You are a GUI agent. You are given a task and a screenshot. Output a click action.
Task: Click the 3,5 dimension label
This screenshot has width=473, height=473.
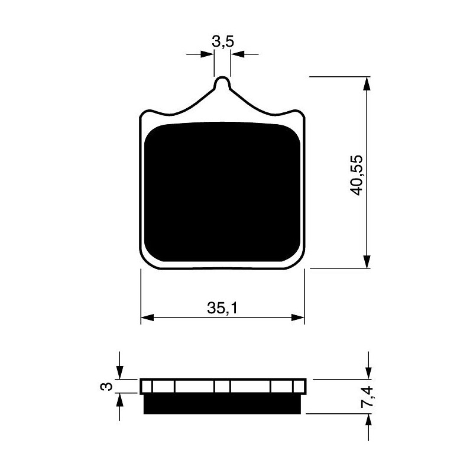tap(223, 41)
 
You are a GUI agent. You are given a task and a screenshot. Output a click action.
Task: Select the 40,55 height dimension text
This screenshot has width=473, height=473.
tap(356, 175)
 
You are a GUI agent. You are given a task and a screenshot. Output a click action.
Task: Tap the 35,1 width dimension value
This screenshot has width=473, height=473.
tap(222, 308)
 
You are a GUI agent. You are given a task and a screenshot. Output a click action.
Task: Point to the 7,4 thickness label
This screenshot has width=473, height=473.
tap(367, 397)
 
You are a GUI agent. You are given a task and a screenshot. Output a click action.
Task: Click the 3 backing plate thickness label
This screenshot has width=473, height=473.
tap(106, 386)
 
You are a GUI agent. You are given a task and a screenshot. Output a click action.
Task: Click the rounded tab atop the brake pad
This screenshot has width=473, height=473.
tap(222, 82)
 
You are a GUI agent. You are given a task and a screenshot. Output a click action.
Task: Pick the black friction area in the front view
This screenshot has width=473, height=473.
tap(222, 192)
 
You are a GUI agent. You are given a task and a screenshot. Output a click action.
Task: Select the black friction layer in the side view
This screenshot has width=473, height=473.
tap(222, 404)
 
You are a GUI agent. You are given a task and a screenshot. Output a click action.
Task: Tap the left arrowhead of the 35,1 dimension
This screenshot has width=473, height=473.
tap(147, 318)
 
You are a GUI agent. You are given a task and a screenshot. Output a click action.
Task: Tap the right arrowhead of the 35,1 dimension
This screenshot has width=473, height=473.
tap(298, 318)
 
